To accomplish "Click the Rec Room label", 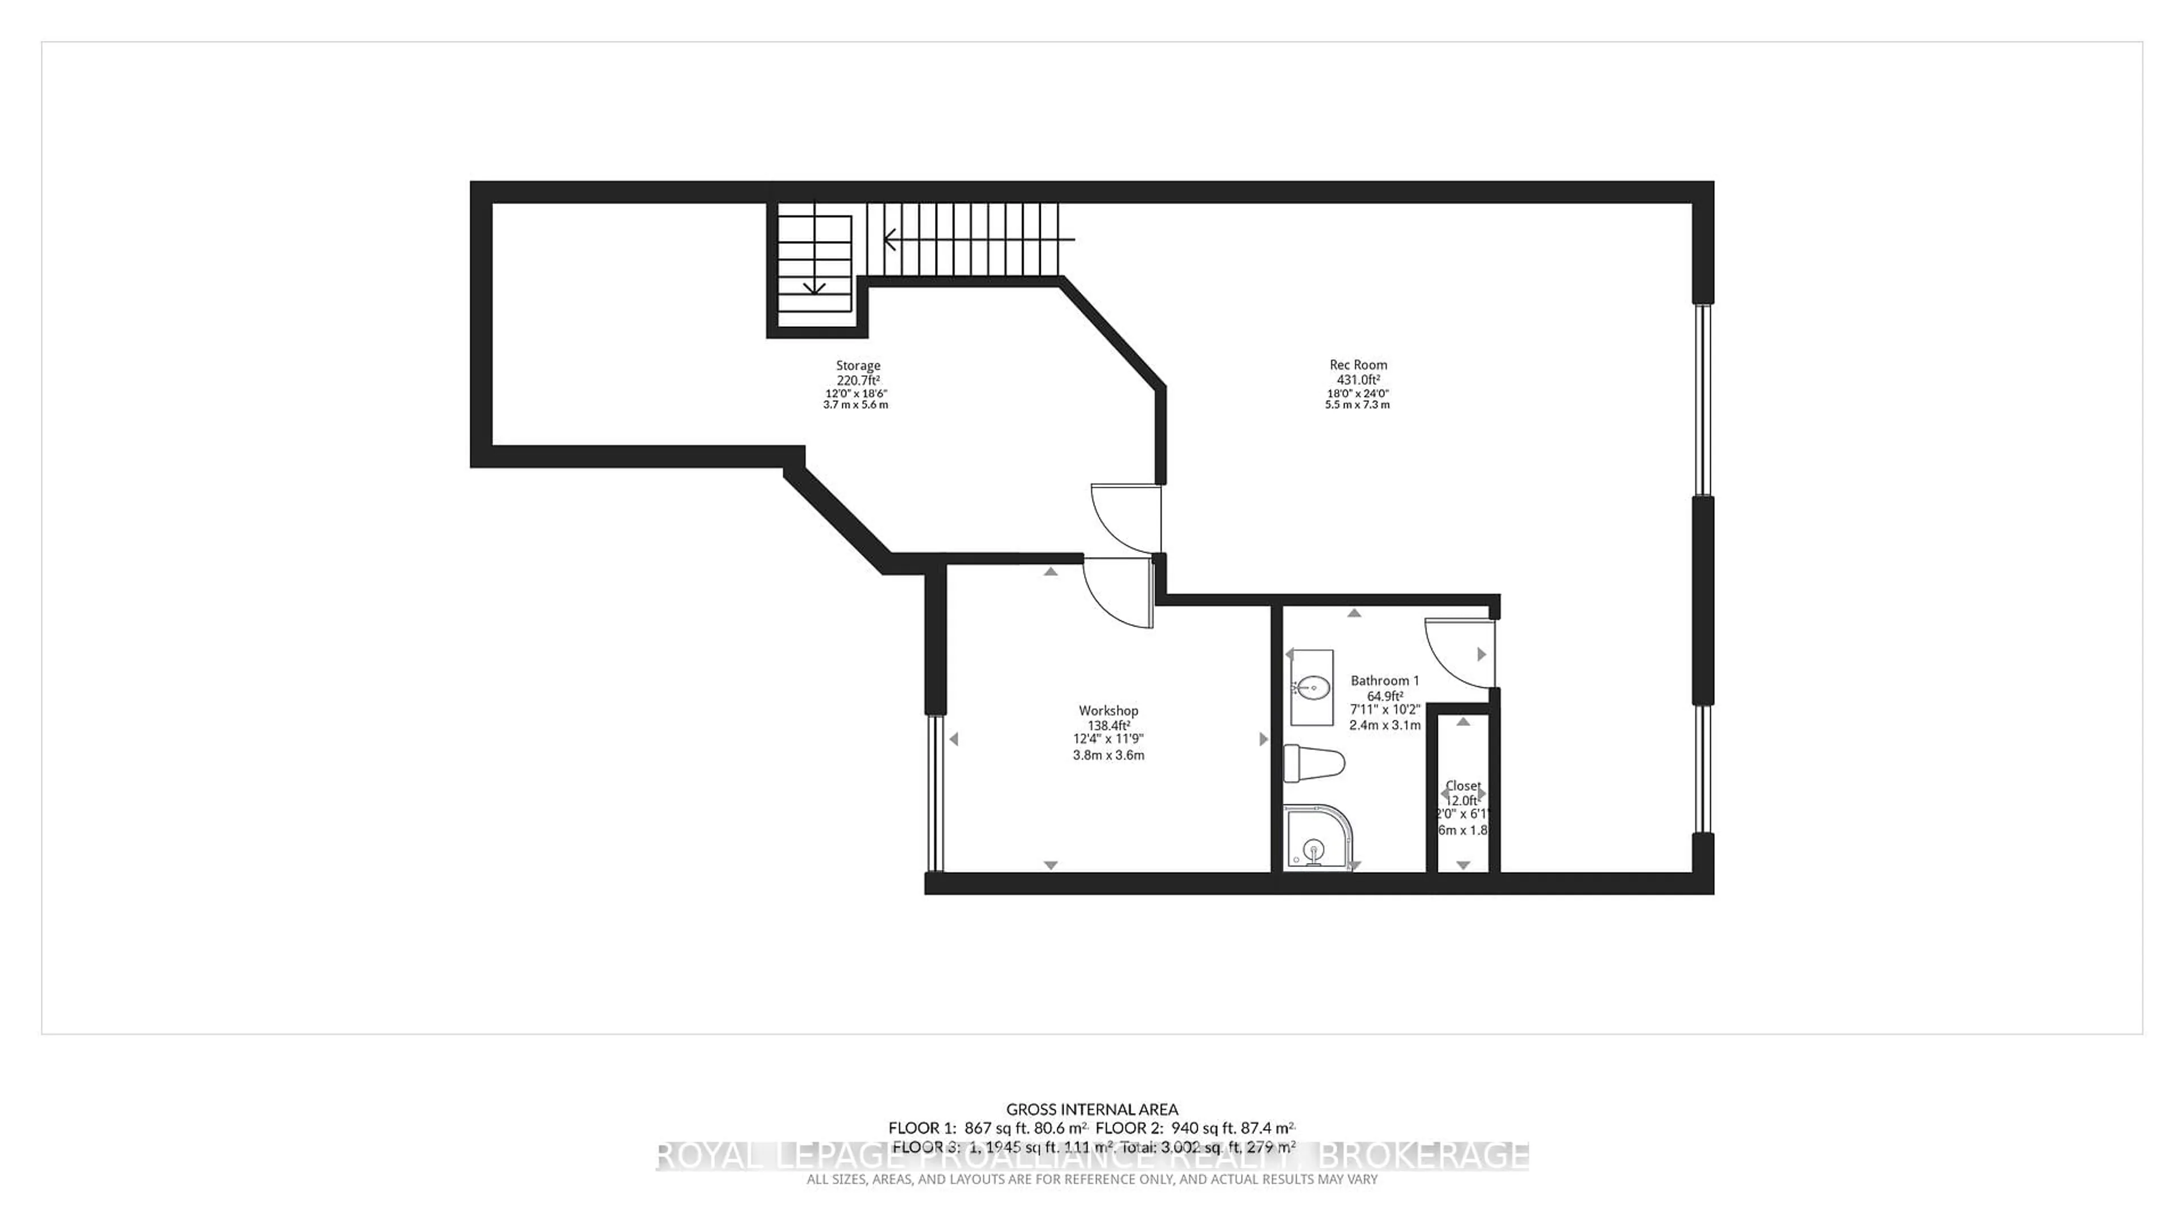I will (1358, 365).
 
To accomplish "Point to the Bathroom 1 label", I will (1384, 681).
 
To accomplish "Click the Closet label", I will (1462, 786).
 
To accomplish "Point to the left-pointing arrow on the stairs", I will (890, 240).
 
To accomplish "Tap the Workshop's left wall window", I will (934, 793).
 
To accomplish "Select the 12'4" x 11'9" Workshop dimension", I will (1108, 740).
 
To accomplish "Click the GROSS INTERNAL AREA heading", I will (1092, 1109).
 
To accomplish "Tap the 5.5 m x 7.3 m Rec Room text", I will (1358, 405).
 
